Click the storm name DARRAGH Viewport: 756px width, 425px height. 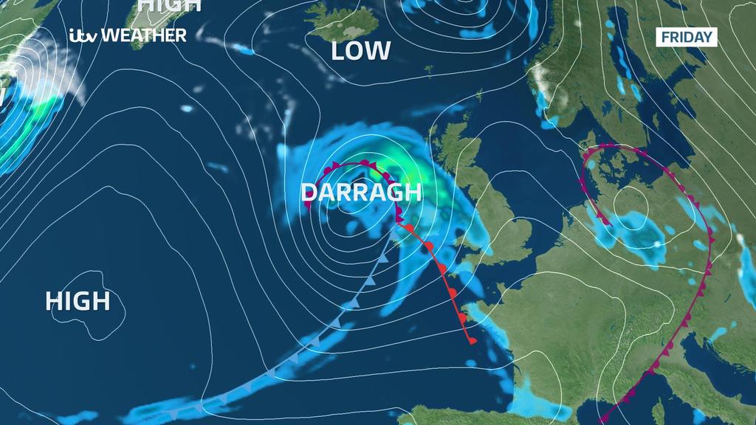[361, 193]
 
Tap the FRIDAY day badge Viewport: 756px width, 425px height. [687, 37]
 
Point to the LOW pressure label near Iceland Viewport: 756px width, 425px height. [360, 51]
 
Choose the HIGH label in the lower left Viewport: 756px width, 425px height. [78, 301]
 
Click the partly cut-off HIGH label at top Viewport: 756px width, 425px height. [170, 5]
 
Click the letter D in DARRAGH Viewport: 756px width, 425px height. [309, 193]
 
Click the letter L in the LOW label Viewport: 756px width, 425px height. [338, 51]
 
